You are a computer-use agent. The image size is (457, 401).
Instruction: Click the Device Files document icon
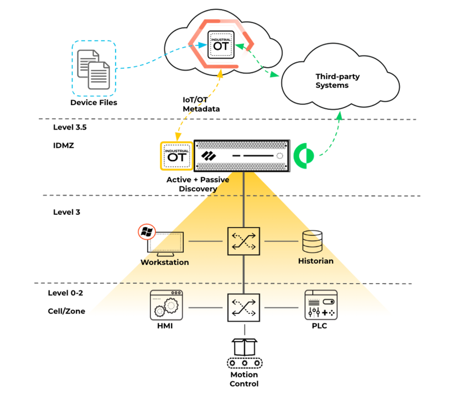[94, 68]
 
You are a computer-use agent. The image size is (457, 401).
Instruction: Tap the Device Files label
[94, 102]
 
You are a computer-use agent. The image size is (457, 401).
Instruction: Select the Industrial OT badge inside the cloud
[221, 43]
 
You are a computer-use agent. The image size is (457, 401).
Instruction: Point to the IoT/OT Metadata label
[201, 104]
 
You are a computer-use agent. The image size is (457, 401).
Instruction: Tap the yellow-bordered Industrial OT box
[176, 156]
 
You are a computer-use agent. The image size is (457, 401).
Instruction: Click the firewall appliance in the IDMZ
[242, 156]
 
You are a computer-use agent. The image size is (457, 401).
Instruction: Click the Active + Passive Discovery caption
[198, 184]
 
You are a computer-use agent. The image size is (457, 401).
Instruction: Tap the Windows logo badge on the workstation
[146, 232]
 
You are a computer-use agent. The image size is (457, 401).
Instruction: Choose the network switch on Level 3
[243, 241]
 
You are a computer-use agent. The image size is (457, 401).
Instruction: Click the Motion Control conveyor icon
[244, 355]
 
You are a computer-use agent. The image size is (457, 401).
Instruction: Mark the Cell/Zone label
[66, 311]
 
